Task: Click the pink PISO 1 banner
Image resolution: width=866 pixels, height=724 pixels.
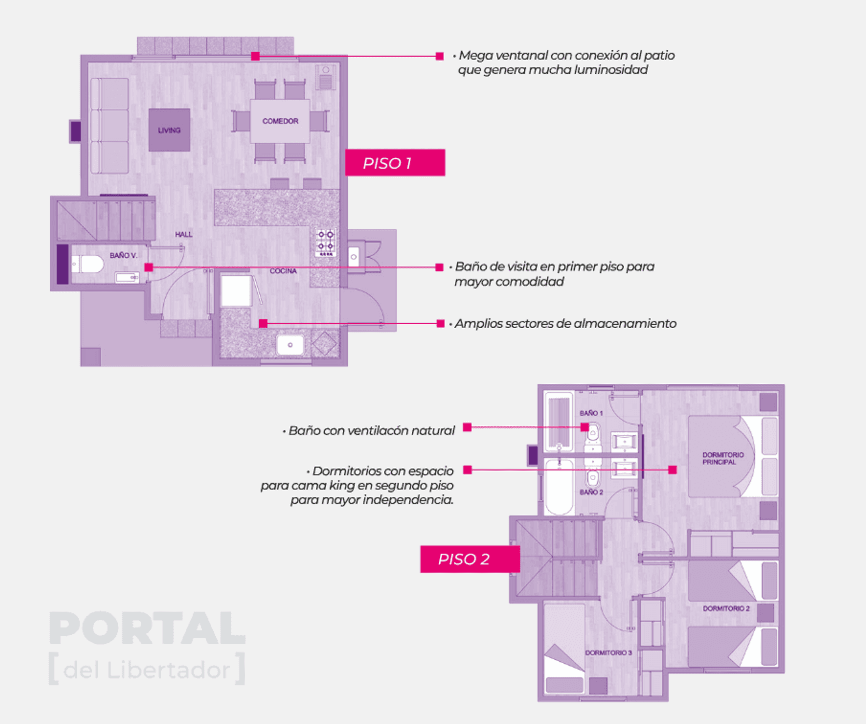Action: click(395, 163)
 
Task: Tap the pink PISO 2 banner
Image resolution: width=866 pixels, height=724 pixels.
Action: click(470, 559)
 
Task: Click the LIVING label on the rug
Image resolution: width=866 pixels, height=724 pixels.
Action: click(169, 130)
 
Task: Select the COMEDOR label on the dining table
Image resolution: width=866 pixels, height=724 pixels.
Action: click(280, 121)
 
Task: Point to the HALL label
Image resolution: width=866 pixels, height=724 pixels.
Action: click(183, 235)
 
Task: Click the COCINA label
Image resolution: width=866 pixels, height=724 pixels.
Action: click(283, 271)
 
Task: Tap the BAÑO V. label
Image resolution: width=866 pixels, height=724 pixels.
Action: click(124, 255)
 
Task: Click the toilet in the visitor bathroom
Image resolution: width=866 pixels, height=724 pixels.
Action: click(87, 265)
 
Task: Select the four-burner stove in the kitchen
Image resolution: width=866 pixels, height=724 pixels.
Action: click(326, 242)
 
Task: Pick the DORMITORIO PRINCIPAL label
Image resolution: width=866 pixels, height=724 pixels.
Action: click(723, 459)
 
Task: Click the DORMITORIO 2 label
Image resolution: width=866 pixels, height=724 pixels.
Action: click(726, 609)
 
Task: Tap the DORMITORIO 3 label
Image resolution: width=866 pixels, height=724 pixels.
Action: click(608, 653)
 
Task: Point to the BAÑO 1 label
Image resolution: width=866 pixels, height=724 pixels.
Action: click(591, 413)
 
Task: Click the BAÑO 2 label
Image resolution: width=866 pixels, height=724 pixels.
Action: click(591, 492)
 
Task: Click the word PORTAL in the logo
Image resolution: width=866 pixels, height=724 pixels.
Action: click(147, 628)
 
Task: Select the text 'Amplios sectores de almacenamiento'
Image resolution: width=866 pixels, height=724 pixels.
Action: click(565, 323)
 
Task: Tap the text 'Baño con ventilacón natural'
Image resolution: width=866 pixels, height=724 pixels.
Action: click(372, 431)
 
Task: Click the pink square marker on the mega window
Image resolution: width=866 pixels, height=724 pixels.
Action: click(255, 56)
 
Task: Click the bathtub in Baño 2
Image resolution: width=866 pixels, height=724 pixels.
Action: click(559, 487)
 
